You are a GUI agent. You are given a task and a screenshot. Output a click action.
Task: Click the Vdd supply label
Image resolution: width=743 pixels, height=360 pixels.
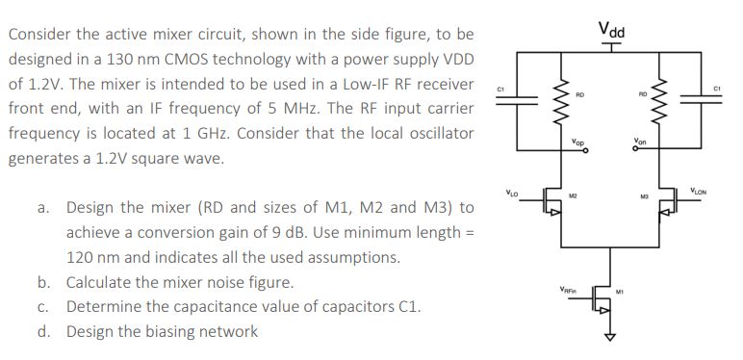tap(610, 30)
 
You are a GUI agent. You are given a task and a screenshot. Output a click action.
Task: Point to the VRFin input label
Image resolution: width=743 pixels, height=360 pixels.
tap(570, 288)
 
